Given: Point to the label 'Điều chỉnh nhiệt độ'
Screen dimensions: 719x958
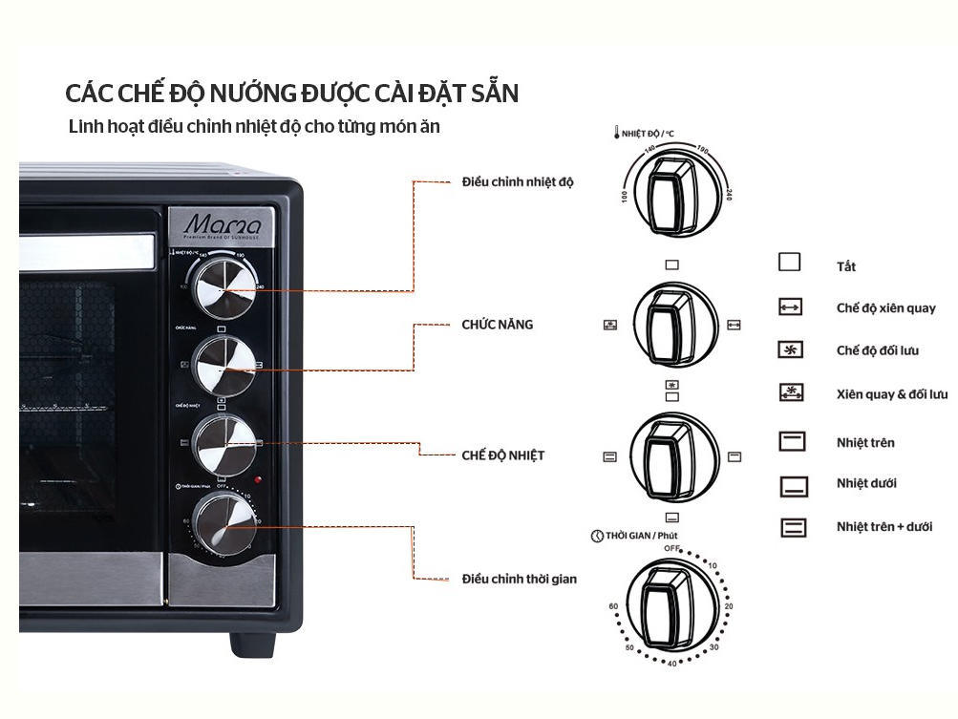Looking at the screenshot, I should click(517, 181).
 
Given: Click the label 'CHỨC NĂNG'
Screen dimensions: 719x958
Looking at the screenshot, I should click(497, 325).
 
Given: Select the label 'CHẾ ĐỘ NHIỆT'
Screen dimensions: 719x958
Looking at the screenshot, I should click(502, 455).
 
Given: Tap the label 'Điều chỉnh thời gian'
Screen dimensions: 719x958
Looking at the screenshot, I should click(519, 579).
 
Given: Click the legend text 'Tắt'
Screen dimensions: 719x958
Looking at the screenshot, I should click(846, 267).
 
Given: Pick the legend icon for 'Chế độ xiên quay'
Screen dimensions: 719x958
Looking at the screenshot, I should click(792, 307).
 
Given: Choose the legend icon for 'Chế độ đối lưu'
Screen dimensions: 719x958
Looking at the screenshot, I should click(792, 350).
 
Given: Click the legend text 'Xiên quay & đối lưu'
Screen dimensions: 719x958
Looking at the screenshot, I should click(892, 393).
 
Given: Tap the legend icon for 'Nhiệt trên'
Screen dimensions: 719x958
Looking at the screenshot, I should click(793, 441).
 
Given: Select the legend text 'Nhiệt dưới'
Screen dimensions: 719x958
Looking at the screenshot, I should click(866, 483).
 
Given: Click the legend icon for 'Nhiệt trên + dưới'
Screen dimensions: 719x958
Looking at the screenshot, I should click(793, 526).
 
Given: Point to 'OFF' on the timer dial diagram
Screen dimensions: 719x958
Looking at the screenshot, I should click(672, 548).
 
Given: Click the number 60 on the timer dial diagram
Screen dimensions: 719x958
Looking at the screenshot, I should click(613, 606).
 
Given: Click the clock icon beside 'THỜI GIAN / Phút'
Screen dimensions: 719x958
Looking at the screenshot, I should click(597, 537).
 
